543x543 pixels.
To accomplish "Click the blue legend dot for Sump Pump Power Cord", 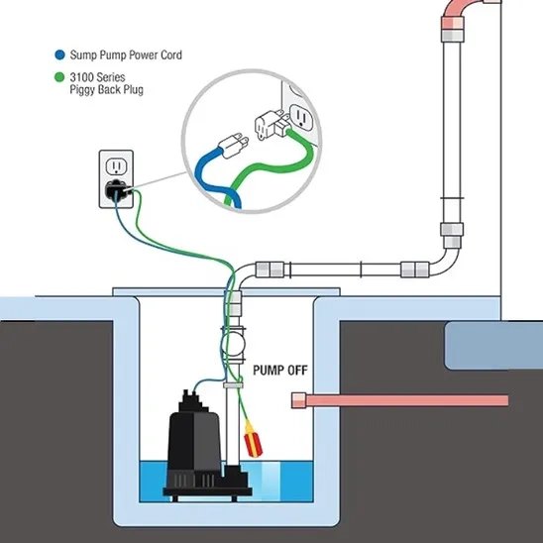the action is [x=59, y=54].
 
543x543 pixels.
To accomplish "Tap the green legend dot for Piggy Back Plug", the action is [x=59, y=77].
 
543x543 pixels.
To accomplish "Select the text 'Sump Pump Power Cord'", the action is [x=126, y=55].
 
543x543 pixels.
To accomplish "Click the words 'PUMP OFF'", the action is [x=280, y=371].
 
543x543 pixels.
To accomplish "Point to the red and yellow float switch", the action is [x=253, y=438].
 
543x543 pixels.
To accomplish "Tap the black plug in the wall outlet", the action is [x=117, y=190].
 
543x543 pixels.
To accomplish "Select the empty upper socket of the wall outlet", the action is [x=115, y=166].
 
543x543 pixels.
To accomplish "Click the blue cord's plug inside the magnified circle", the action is [x=233, y=145].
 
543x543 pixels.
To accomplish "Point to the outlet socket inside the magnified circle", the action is [x=301, y=118].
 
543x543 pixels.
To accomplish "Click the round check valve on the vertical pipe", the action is [x=234, y=344].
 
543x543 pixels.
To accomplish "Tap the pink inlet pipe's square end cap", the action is [x=298, y=400].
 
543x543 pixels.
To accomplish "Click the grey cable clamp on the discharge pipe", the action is [x=233, y=385].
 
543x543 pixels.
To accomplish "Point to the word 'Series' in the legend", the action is [x=110, y=77].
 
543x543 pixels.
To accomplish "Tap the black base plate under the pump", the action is [x=207, y=491].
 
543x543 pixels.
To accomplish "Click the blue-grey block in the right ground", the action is [x=493, y=346].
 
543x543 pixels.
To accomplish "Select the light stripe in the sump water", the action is [x=271, y=482].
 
